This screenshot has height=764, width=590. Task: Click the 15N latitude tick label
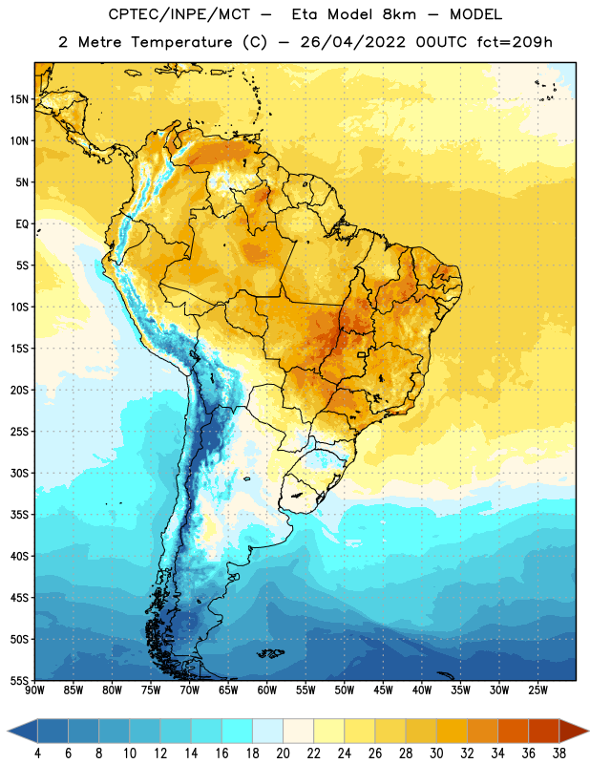[x=19, y=99]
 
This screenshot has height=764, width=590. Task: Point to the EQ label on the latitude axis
[x=22, y=224]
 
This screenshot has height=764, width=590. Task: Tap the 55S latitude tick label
[x=19, y=681]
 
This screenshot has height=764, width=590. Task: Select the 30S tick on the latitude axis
[x=19, y=473]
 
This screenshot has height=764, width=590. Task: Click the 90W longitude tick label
[x=34, y=690]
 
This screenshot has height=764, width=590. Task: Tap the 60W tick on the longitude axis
[x=267, y=690]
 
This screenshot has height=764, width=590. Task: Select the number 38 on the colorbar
[x=558, y=753]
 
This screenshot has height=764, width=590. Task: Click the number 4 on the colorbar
[x=37, y=753]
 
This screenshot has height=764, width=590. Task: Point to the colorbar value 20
[x=283, y=753]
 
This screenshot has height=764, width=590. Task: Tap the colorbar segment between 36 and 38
[x=544, y=732]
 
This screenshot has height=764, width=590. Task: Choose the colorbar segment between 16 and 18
[x=238, y=732]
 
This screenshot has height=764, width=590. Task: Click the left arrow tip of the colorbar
[x=8, y=732]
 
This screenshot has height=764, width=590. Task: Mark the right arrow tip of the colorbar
[x=588, y=732]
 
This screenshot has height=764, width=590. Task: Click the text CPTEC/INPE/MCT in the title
[x=179, y=14]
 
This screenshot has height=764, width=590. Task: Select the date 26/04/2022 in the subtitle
[x=352, y=42]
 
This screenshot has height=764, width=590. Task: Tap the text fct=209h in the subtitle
[x=515, y=42]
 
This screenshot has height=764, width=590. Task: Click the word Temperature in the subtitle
[x=181, y=42]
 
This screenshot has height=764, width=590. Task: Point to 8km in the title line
[x=399, y=14]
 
